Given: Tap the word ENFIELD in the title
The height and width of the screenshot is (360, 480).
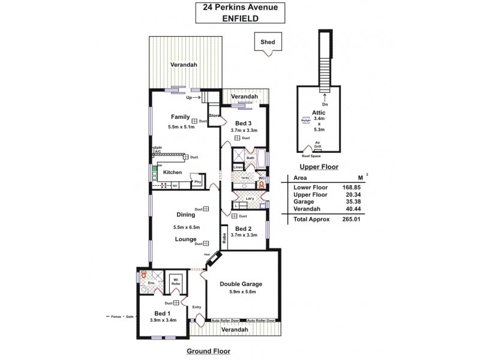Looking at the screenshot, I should coord(239,19).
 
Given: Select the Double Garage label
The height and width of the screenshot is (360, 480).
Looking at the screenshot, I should coord(241,284).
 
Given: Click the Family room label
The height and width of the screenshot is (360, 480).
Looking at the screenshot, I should coord(180,117).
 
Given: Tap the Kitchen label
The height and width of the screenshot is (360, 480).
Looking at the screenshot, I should coord(172,172).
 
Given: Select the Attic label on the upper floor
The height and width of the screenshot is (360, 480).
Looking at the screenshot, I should coord(319,112).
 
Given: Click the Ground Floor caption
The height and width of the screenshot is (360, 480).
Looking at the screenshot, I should coord(208,351).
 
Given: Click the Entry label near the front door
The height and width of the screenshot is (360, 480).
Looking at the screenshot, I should coord(197,307).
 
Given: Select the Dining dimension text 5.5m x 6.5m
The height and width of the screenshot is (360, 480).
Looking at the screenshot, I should coord(186,227).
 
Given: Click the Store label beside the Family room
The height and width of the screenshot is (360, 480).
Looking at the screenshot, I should coord(214,115).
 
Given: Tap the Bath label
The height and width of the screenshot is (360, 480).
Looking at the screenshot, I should coord(250,158).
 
